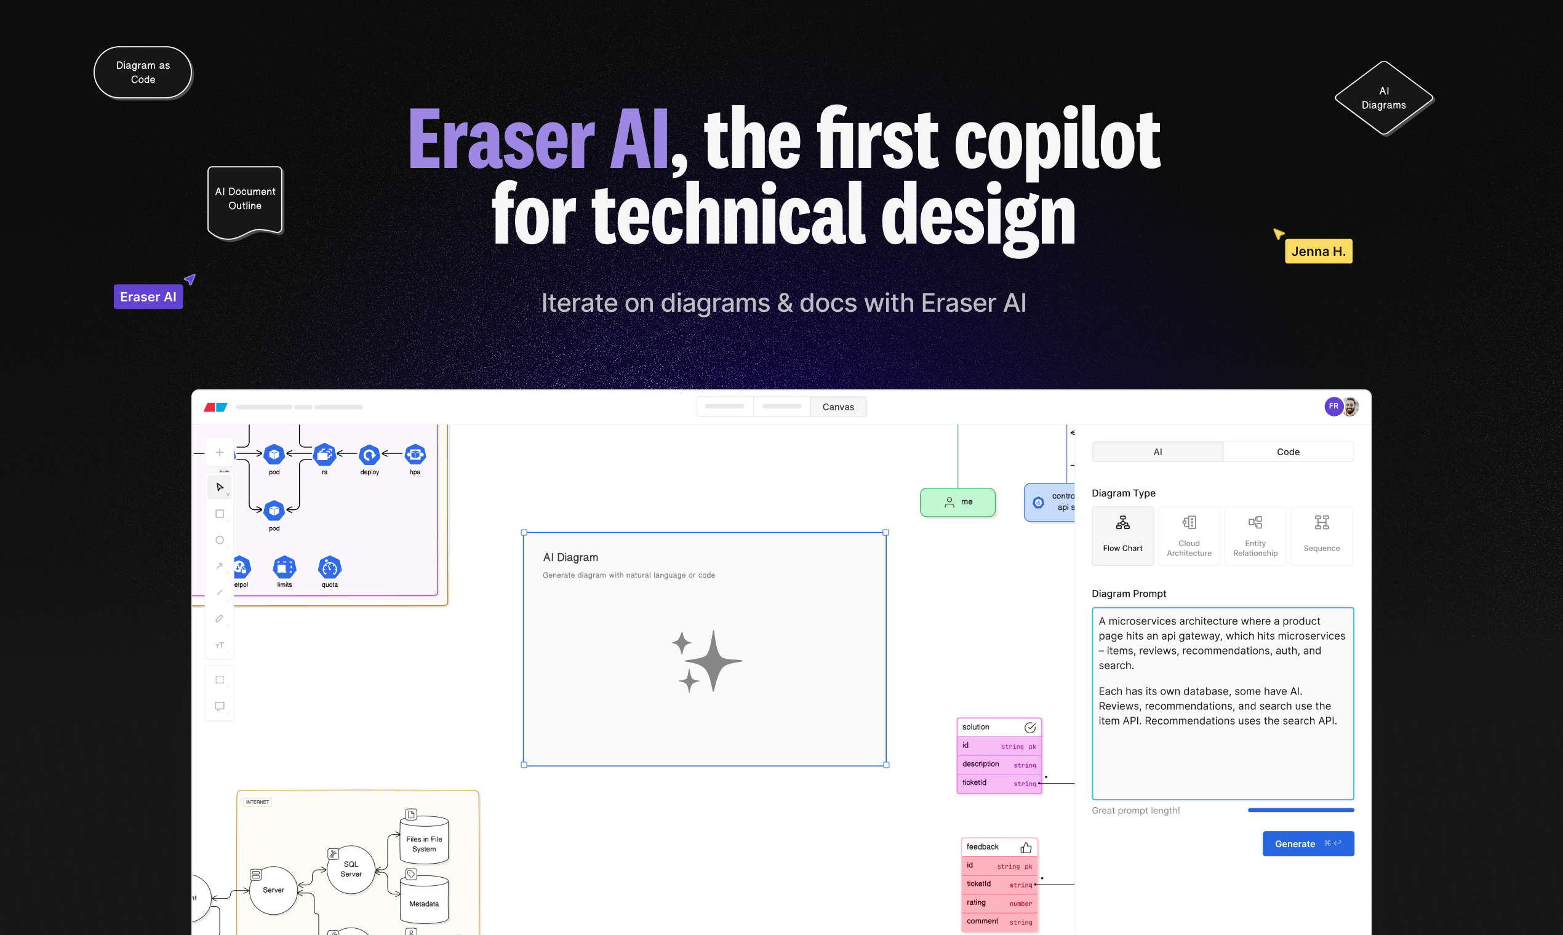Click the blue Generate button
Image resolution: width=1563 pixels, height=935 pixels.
[x=1307, y=843]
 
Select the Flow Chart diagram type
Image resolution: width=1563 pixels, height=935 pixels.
[x=1122, y=536]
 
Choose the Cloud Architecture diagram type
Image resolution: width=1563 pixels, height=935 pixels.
[x=1189, y=536]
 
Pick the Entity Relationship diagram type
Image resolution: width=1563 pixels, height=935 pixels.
[x=1255, y=536]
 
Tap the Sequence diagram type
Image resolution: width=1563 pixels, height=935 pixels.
[x=1321, y=536]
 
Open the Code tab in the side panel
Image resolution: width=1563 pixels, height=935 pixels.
[x=1287, y=452]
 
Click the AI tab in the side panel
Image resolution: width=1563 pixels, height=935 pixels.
[x=1157, y=452]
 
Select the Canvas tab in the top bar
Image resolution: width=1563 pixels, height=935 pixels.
[x=837, y=407]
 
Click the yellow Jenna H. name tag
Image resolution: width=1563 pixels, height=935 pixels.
[x=1318, y=252]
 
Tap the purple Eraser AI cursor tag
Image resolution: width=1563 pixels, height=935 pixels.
[x=148, y=296]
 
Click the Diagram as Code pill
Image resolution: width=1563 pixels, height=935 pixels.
[x=143, y=73]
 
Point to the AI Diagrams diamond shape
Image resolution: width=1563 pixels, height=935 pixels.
[x=1383, y=98]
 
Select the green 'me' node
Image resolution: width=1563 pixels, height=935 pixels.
[x=957, y=502]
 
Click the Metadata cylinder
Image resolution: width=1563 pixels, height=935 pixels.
[x=423, y=901]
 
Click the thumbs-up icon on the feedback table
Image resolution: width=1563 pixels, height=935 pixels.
[x=1025, y=848]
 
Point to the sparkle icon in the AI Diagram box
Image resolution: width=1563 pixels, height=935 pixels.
[x=706, y=661]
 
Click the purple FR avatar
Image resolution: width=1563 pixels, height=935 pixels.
[x=1333, y=407]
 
